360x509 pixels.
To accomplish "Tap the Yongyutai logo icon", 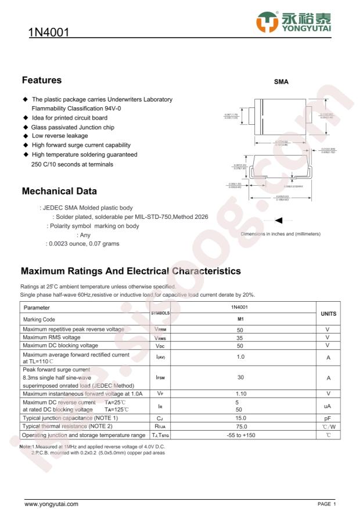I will (267, 21).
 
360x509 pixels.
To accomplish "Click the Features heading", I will (42, 80).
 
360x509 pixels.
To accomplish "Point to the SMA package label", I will (282, 83).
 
